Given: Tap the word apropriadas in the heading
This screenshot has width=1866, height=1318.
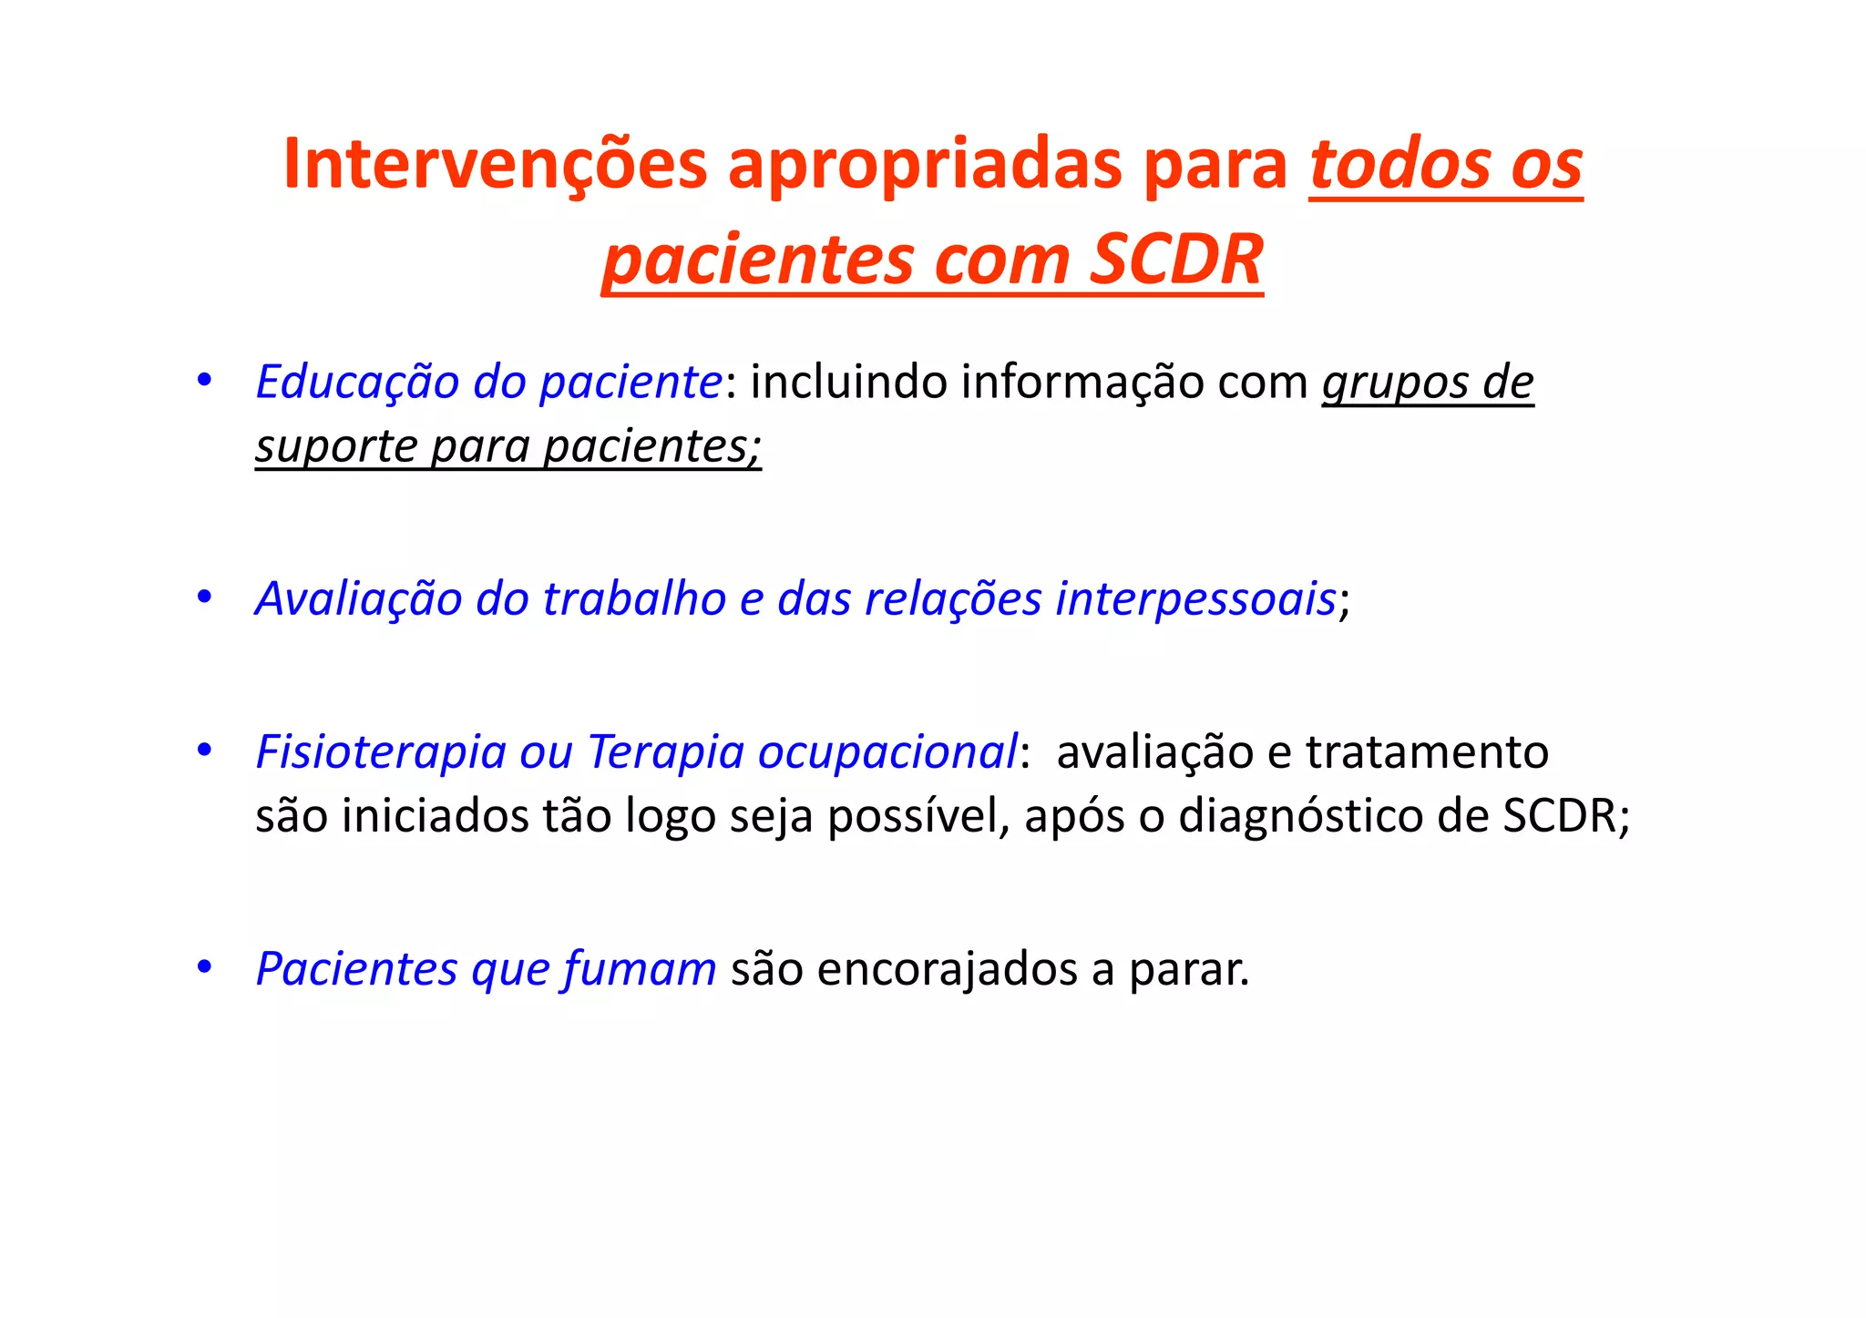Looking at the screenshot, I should pos(924,166).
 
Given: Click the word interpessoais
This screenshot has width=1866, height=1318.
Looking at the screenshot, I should pos(1195,599).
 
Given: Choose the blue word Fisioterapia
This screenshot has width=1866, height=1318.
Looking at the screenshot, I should pos(380,752).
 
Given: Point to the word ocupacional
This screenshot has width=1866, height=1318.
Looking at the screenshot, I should pos(887,752).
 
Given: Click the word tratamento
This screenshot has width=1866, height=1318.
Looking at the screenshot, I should pos(1427,752).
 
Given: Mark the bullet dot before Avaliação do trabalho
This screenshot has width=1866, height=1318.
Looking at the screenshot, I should pos(205,598).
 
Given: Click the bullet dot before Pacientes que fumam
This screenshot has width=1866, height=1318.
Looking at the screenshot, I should pos(205,966).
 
